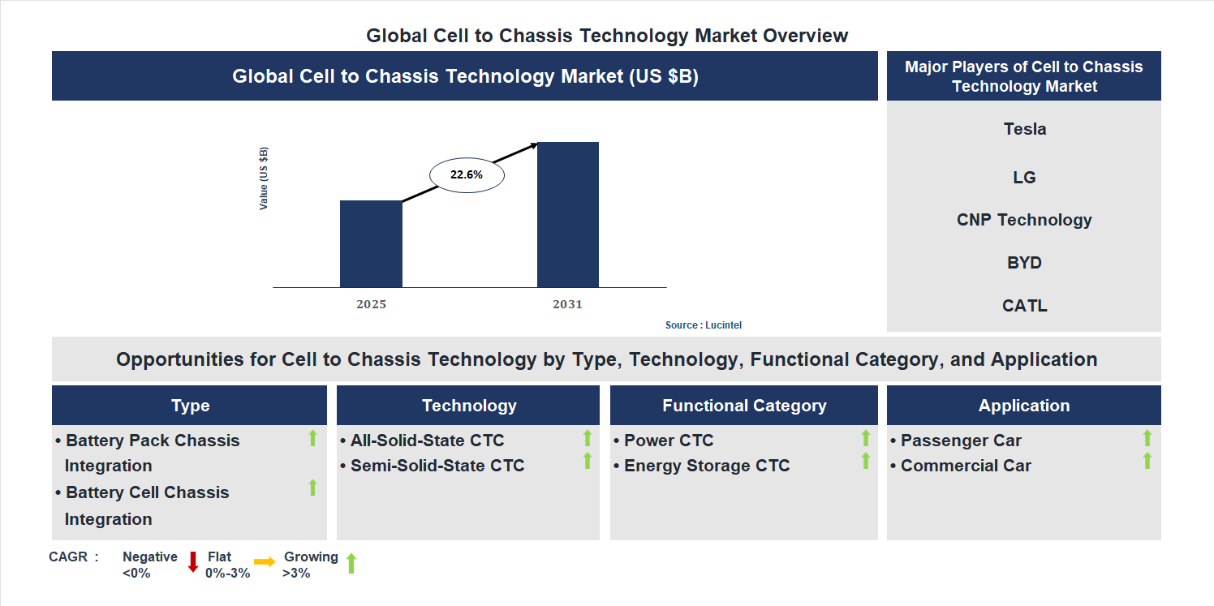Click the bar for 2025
371,243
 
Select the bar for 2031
568,214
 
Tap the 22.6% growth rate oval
467,174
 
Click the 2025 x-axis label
371,305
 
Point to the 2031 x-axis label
568,305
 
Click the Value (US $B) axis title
264,178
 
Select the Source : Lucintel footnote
704,325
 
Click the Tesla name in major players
1024,129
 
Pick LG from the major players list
1024,177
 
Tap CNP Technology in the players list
1024,220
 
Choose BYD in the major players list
1024,263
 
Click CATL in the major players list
1024,306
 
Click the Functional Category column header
744,406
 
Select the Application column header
1024,406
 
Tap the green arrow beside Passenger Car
1147,438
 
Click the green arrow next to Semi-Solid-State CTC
588,461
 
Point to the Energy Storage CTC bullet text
706,466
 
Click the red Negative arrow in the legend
193,561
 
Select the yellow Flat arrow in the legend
265,561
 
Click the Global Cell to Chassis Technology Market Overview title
607,36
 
